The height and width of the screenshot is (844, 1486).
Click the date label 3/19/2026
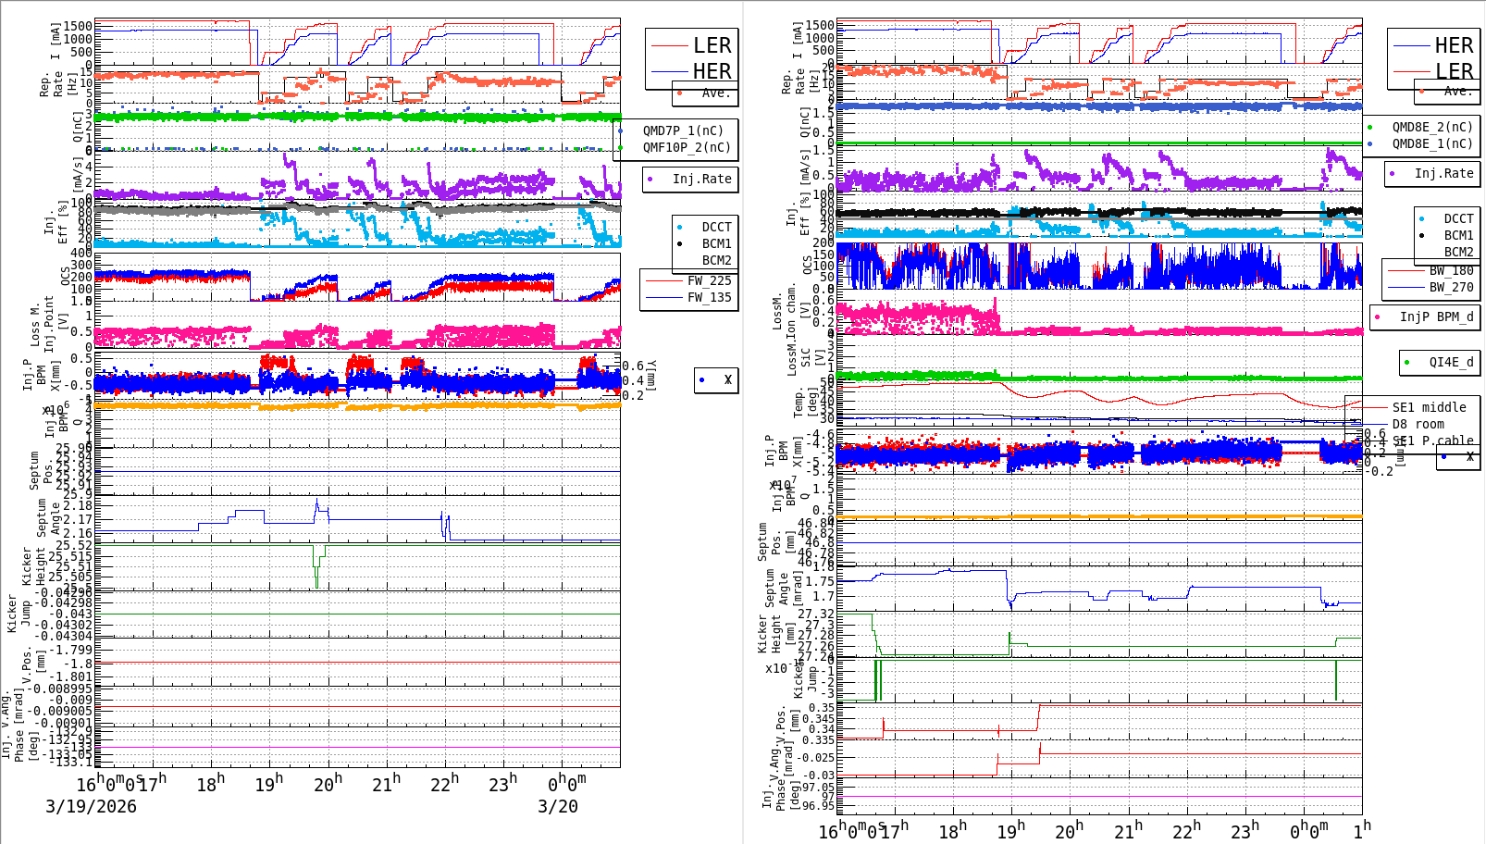91,806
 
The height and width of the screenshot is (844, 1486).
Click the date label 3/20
558,806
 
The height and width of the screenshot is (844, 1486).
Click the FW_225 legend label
709,280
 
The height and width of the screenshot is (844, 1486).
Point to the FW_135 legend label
709,297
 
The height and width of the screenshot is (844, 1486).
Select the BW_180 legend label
1451,270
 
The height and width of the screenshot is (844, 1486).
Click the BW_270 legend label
1451,287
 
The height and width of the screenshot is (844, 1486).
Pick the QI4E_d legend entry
1451,362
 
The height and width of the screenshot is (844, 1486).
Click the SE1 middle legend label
1429,407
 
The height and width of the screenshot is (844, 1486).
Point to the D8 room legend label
1418,424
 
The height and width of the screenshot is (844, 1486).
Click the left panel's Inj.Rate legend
701,179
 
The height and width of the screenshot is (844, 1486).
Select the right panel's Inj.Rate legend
1443,173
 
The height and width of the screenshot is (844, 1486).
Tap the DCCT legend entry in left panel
716,227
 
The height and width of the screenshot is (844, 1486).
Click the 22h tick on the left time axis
445,785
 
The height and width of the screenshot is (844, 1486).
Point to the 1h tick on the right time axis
1361,829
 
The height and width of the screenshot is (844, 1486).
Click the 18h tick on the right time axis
950,831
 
